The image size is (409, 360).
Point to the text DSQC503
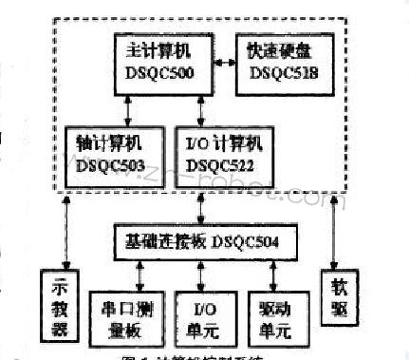pos(111,165)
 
